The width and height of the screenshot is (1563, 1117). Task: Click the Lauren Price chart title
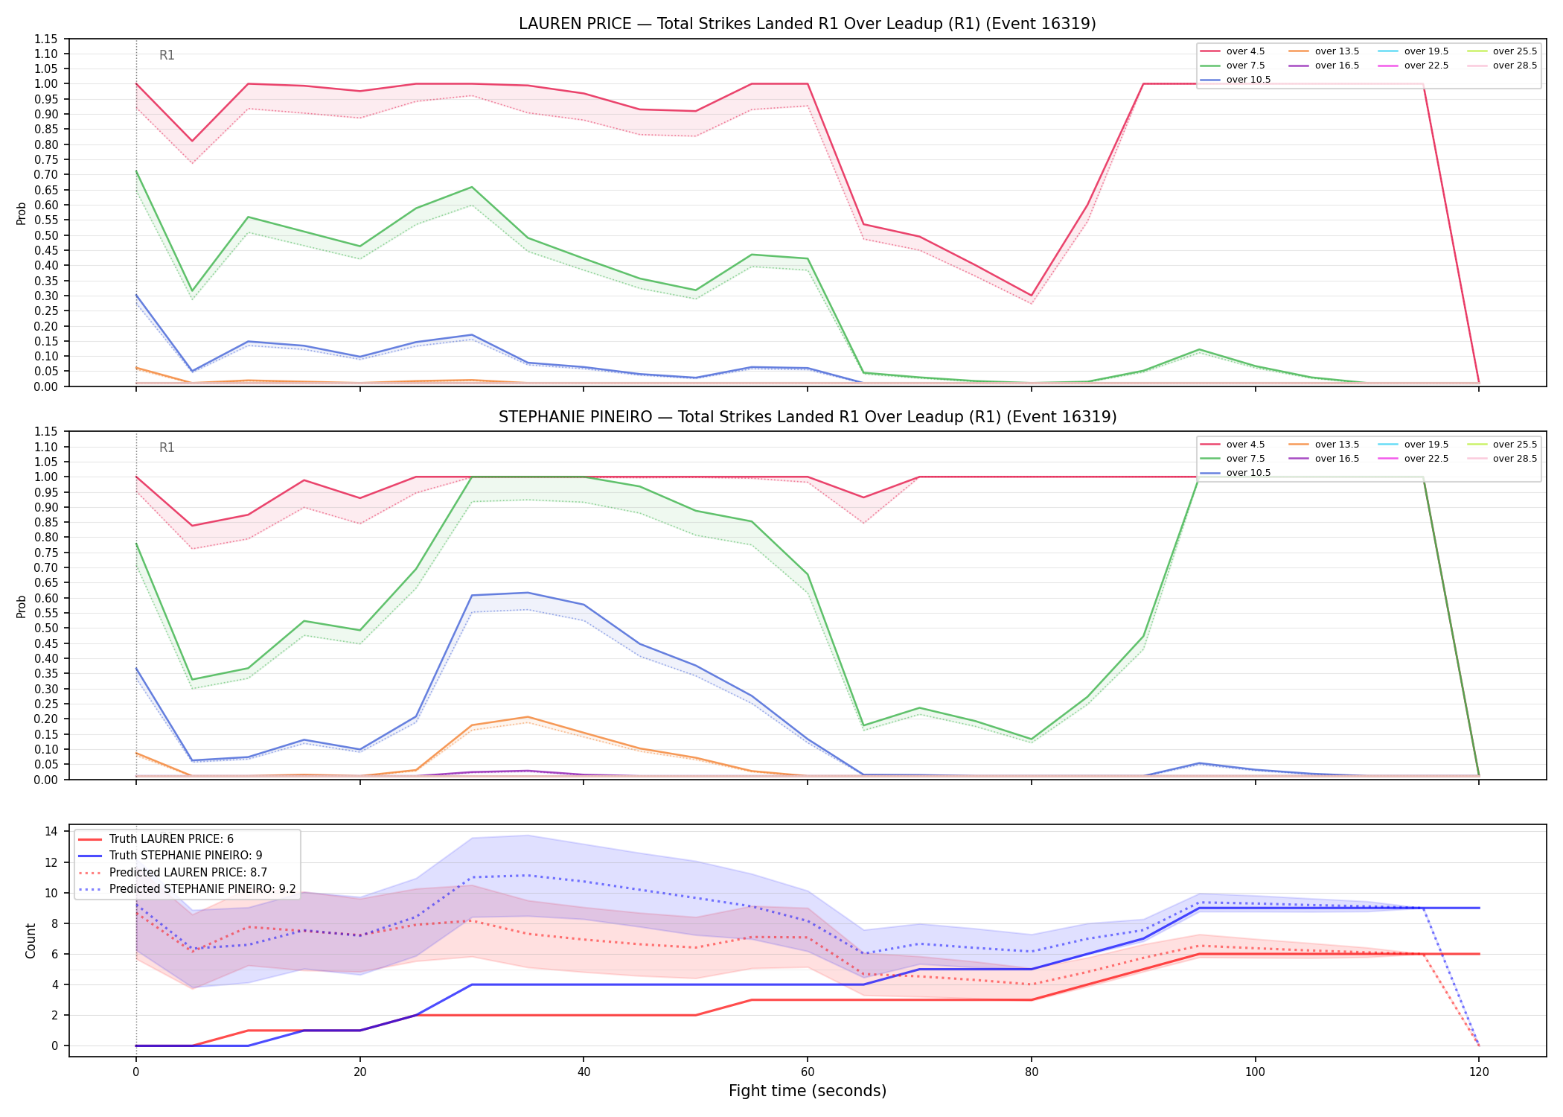[808, 24]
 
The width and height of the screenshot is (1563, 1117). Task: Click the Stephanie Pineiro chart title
[808, 417]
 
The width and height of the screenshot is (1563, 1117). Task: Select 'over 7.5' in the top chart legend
[1245, 66]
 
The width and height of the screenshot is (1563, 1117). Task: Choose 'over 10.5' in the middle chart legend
[1248, 473]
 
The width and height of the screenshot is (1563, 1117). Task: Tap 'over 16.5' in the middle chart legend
[1337, 459]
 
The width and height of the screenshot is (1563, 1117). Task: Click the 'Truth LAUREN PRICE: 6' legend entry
[171, 839]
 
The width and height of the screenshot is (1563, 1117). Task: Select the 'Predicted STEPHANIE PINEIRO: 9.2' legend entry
[202, 889]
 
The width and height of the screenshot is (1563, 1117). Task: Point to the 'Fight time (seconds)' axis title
[808, 1091]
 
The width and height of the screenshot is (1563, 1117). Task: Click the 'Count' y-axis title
[31, 941]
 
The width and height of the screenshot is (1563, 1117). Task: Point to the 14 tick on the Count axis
[51, 832]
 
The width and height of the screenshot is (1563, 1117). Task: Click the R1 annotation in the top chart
[167, 55]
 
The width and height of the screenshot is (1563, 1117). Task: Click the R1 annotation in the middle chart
[167, 448]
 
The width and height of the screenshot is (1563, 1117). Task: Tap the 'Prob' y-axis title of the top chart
[22, 214]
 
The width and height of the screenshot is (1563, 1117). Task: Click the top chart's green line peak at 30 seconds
[472, 187]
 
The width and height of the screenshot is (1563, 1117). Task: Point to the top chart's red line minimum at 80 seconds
[1032, 296]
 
